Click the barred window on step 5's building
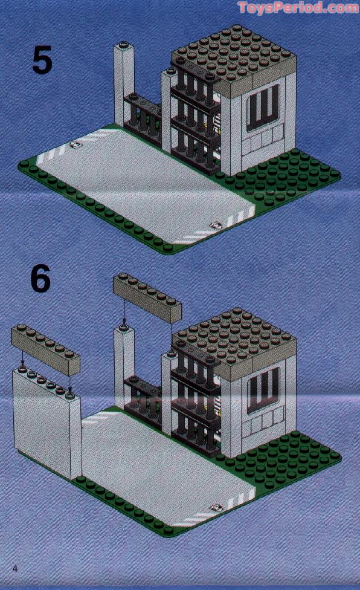(x=265, y=106)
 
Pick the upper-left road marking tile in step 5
(x=77, y=144)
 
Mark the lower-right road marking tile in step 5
(x=214, y=225)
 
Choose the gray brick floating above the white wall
(x=45, y=348)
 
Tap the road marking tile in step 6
(x=214, y=510)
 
